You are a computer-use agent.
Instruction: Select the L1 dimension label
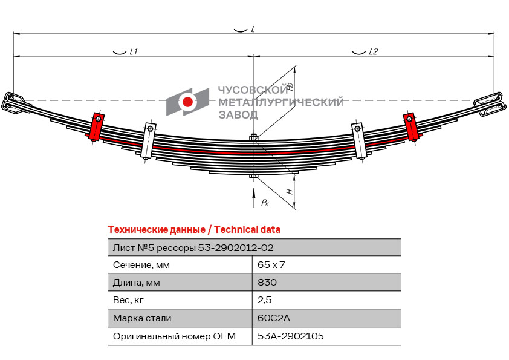pos(134,52)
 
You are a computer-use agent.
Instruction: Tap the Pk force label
pos(265,203)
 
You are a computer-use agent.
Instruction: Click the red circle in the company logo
pos(189,102)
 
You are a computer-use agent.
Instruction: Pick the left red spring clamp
pos(97,126)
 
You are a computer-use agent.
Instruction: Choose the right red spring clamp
pos(411,126)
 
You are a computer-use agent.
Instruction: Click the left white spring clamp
pos(149,141)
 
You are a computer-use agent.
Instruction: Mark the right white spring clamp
pos(359,141)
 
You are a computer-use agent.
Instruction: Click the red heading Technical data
pos(193,230)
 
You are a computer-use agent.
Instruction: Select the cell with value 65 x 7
pos(271,264)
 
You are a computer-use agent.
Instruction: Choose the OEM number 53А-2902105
pos(290,336)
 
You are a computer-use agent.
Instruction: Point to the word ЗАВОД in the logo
pos(238,114)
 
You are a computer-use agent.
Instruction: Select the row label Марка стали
pos(142,318)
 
